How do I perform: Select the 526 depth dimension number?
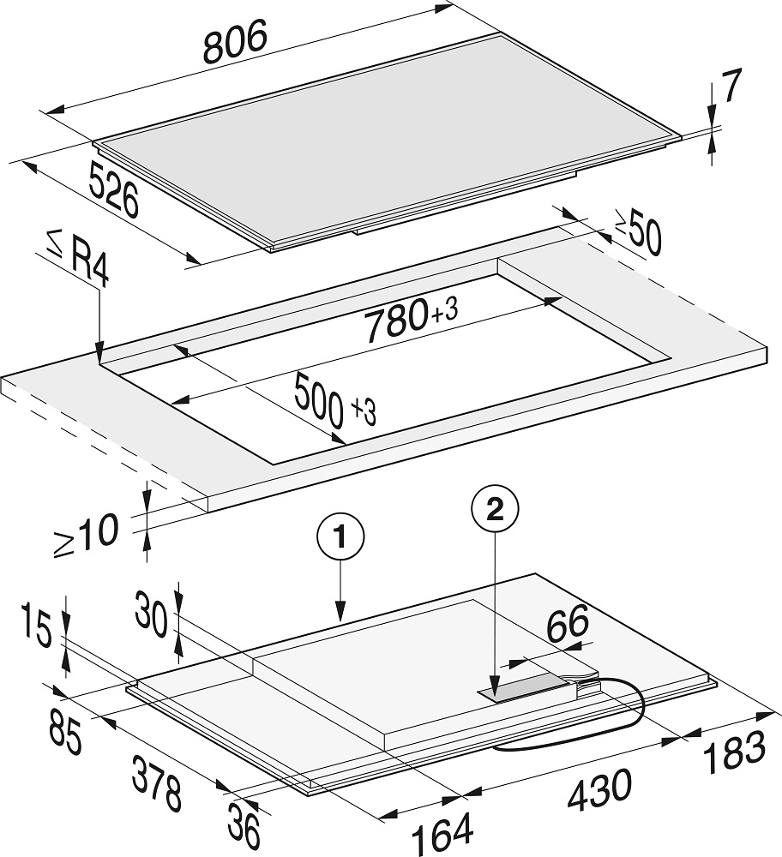click(114, 189)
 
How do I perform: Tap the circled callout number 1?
click(340, 538)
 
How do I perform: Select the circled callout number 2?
click(495, 511)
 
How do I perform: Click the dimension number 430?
click(599, 791)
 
